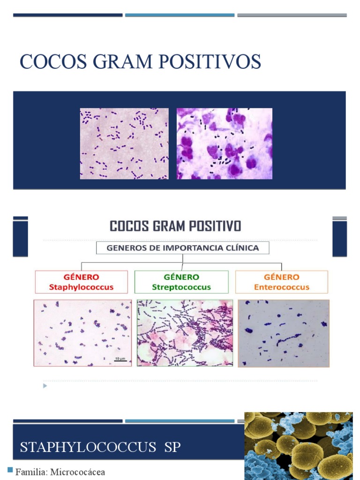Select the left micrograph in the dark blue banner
124,143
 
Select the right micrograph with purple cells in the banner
224,143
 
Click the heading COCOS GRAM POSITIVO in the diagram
175,226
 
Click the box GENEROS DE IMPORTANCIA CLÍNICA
183,248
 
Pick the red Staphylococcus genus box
81,282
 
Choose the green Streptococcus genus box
181,282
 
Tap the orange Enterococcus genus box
282,282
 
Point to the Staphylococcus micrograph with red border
82,333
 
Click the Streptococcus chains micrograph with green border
185,333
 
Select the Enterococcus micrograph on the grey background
284,333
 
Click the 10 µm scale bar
120,360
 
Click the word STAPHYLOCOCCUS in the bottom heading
88,447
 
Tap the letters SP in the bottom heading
172,447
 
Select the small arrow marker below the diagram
45,386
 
